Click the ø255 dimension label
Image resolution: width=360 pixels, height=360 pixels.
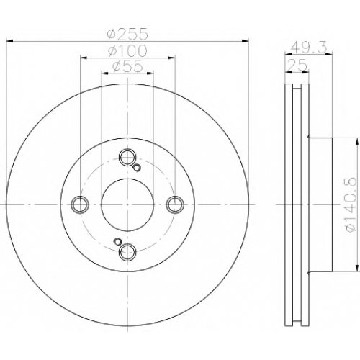[x=127, y=34]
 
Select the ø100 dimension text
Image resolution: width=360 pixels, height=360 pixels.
[x=127, y=50]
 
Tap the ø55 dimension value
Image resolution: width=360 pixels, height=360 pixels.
[x=128, y=66]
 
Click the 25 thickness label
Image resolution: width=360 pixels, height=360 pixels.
[x=297, y=65]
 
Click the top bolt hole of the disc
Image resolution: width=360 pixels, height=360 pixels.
[x=127, y=157]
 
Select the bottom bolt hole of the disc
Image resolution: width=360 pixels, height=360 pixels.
[x=127, y=252]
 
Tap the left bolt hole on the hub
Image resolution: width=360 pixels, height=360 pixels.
[x=80, y=204]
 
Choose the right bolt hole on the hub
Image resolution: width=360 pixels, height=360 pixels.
[x=175, y=204]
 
